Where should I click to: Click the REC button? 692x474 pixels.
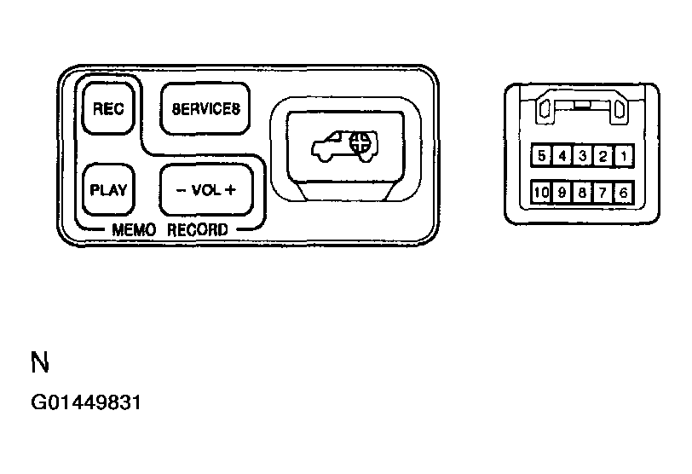[108, 108]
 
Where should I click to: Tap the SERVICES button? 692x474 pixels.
[206, 108]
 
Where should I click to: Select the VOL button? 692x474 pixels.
[206, 189]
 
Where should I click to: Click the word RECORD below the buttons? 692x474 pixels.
[198, 230]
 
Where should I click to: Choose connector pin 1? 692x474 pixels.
[624, 156]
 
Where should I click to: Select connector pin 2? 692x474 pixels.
[603, 156]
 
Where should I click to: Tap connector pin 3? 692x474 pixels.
[583, 156]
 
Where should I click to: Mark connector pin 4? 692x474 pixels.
[562, 156]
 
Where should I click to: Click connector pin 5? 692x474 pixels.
[542, 156]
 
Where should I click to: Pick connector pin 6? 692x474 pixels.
[624, 193]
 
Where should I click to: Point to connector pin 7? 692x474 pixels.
[603, 193]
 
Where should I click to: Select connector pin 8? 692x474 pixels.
[583, 193]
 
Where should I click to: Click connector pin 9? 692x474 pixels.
[562, 193]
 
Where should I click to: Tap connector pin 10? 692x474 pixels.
[542, 193]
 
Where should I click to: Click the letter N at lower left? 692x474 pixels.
[39, 363]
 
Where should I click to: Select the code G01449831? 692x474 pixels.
[85, 402]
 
